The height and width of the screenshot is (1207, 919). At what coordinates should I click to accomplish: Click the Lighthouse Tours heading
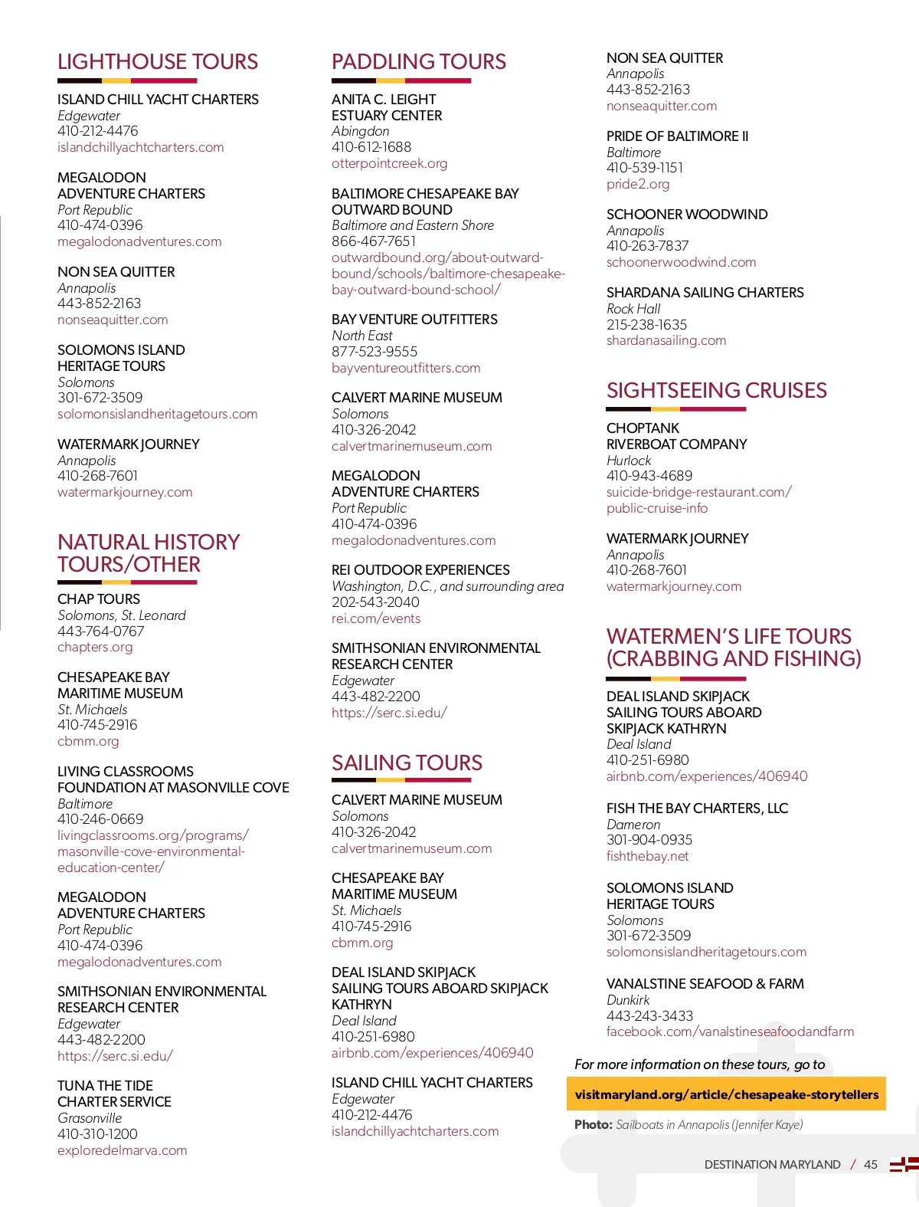point(158,62)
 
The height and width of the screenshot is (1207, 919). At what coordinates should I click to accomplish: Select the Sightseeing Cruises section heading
point(716,391)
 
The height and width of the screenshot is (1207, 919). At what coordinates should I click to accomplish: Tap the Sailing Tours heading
point(407,763)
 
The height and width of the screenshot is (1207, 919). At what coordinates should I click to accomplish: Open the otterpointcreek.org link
point(389,163)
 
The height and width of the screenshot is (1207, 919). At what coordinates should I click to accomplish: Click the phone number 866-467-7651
point(374,241)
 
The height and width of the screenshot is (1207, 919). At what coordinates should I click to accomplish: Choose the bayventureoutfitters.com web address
point(406,368)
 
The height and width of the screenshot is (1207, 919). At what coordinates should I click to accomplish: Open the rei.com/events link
point(376,618)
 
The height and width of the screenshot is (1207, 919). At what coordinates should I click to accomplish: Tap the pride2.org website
point(638,184)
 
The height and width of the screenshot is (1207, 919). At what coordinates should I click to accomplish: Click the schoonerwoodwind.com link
point(681,262)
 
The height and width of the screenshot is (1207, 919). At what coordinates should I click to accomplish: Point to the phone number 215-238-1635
point(646,325)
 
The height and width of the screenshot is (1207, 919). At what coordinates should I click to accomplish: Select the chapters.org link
point(95,647)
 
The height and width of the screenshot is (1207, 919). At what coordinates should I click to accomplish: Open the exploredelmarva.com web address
point(122,1150)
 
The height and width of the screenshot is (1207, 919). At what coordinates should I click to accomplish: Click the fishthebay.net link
point(647,856)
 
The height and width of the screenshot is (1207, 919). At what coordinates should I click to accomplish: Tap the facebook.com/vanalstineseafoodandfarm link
point(730,1032)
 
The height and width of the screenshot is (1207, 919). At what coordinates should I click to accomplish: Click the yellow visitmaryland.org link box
point(726,1094)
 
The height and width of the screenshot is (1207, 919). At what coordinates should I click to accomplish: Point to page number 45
point(871,1165)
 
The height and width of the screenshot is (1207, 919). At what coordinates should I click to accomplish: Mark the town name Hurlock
point(629,461)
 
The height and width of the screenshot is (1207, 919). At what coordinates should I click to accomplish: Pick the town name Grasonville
point(90,1118)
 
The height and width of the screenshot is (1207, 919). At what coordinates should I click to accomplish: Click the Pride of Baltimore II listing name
point(677,136)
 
